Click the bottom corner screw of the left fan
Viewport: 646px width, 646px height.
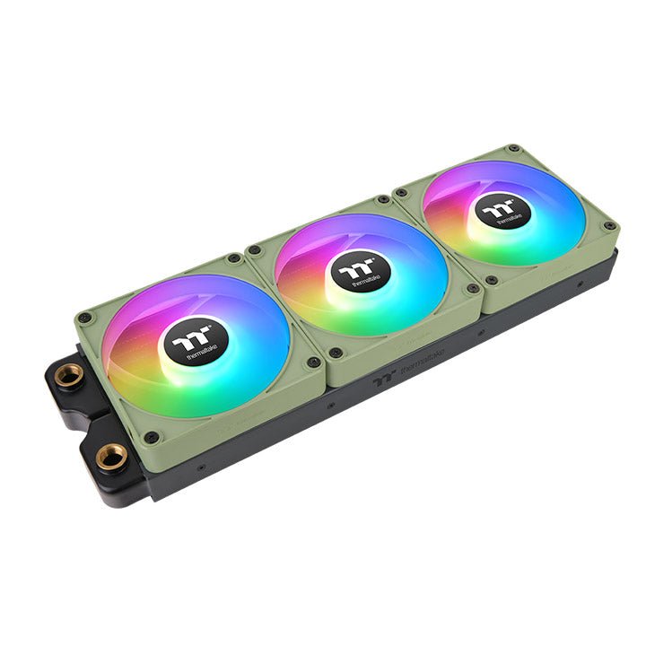(x=152, y=436)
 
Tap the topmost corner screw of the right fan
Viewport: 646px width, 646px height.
(x=512, y=149)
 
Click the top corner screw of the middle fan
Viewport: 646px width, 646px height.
(x=383, y=199)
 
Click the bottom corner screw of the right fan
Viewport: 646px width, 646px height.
(x=490, y=281)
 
